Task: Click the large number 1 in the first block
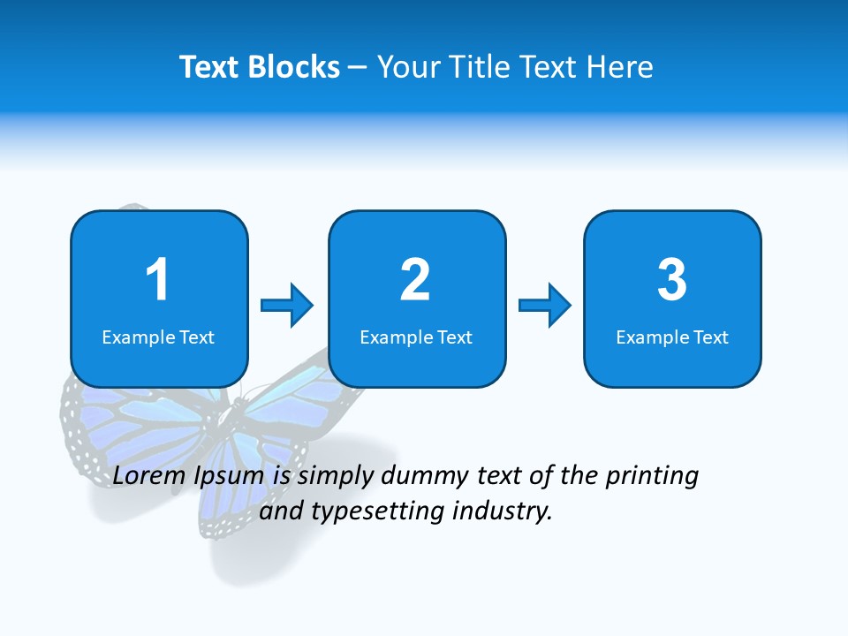[x=157, y=280]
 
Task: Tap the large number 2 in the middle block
[x=415, y=280]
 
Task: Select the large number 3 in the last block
[x=671, y=280]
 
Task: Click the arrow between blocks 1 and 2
[x=287, y=306]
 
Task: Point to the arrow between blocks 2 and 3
[x=544, y=306]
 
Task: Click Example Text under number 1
[x=158, y=337]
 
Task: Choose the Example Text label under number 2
[x=416, y=337]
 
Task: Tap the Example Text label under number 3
[x=672, y=337]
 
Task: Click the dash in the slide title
[x=359, y=67]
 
